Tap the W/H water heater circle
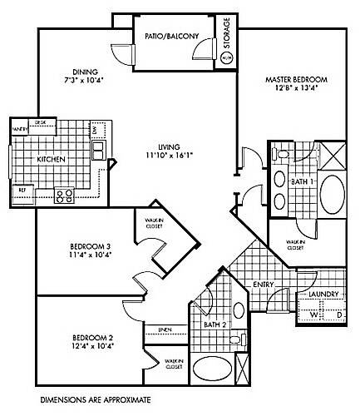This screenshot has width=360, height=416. [x=229, y=58]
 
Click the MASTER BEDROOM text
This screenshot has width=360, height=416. [x=296, y=80]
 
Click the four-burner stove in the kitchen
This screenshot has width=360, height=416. [x=64, y=196]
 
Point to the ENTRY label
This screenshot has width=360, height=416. [x=264, y=285]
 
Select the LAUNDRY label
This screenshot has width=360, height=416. [x=321, y=295]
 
